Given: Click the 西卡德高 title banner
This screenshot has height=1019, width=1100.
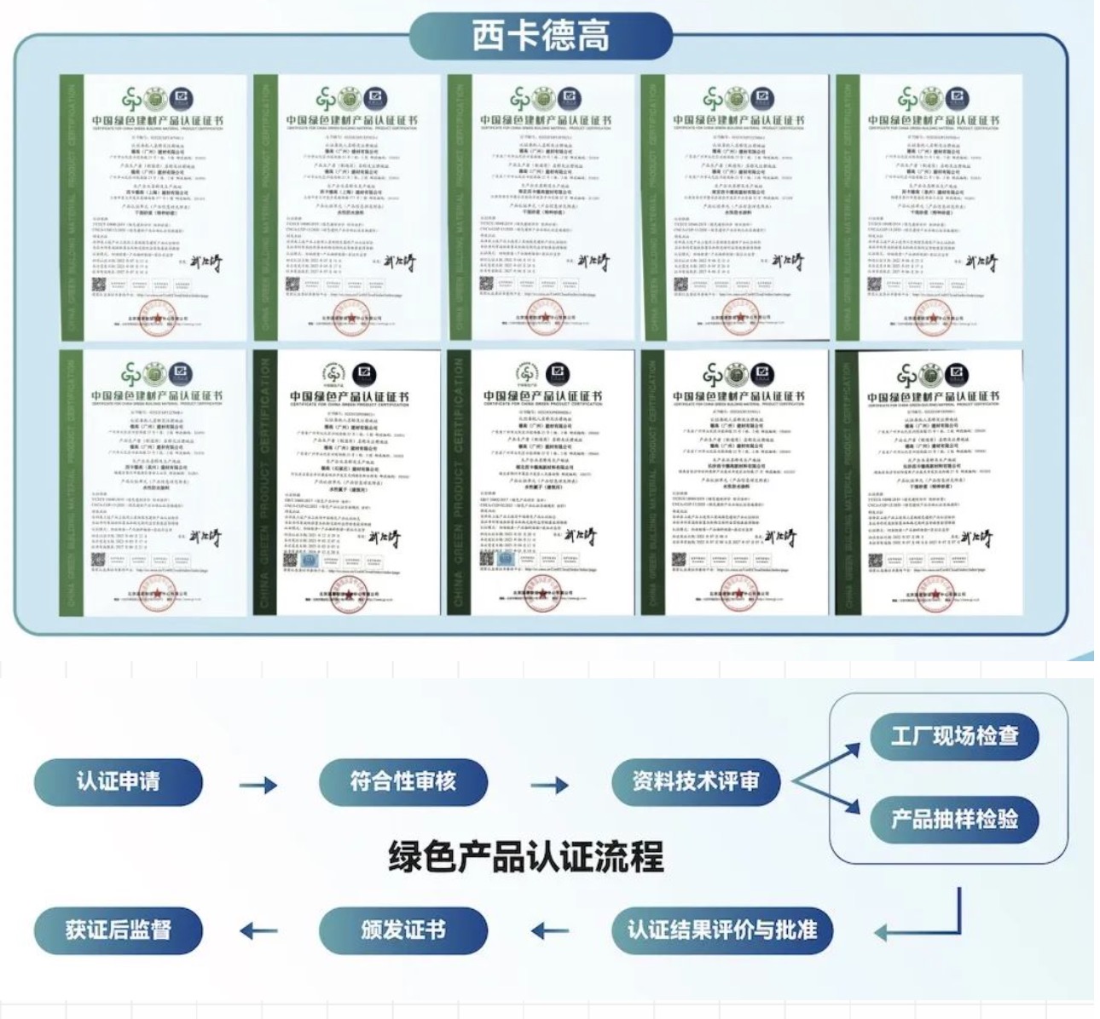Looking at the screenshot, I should click(541, 37).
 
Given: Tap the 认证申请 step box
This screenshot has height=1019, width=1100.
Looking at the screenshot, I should click(119, 781).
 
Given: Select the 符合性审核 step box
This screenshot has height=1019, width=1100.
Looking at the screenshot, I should click(403, 781).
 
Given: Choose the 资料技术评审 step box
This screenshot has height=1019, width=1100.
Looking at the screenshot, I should click(696, 781).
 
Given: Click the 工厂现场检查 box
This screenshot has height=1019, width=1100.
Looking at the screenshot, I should click(954, 736).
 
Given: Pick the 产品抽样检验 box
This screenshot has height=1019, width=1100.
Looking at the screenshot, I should click(954, 820).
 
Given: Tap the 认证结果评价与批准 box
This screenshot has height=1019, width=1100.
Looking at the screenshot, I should click(722, 930).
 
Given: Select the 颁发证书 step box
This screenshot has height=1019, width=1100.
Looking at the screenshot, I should click(403, 930).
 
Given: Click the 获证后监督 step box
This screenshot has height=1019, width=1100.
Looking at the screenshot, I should click(119, 930).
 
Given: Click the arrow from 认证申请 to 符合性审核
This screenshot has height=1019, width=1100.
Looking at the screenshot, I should click(258, 785).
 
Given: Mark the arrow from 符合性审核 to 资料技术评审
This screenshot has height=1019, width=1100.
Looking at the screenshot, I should click(549, 785).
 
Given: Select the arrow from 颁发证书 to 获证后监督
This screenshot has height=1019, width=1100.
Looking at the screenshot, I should click(258, 931).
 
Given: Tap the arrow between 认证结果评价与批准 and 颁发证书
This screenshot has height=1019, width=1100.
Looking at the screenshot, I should click(549, 931).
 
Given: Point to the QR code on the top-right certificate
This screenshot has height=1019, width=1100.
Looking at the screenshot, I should click(876, 284).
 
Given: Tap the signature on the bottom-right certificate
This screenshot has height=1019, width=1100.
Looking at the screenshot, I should click(976, 538).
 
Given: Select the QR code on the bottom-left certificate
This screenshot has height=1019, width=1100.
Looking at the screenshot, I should click(98, 560).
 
